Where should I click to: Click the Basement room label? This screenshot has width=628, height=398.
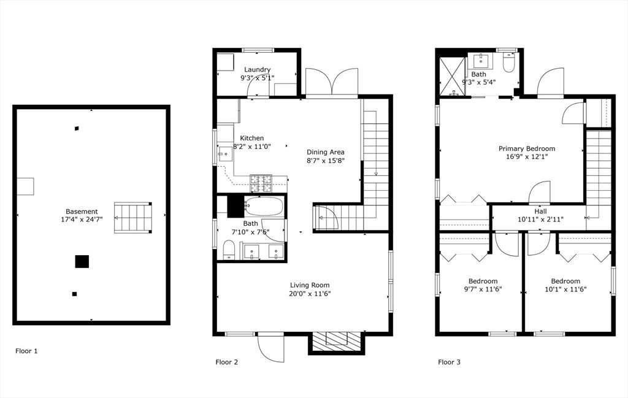pos(82,212)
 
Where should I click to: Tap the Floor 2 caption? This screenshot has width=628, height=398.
pos(227,362)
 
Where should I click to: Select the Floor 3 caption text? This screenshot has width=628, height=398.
pos(449,362)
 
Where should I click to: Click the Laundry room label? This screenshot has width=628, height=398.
pos(257,70)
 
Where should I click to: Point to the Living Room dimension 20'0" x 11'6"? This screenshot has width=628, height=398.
pos(310,294)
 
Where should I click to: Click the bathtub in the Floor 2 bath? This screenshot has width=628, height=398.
pos(264,207)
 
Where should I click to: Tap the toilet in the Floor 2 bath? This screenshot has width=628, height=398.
pos(229,250)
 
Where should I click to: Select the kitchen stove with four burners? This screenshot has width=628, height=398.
pos(261,183)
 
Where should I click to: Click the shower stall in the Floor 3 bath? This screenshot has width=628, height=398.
pos(453,76)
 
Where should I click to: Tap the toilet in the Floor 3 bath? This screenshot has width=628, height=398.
pos(508,63)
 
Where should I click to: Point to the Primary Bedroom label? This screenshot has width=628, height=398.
pos(527,148)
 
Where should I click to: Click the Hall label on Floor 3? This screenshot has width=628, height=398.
pos(540,211)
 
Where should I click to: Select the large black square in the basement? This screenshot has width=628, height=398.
pos(82,261)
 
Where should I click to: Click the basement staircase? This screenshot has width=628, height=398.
pos(133,218)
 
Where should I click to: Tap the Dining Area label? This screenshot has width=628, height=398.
pos(326,152)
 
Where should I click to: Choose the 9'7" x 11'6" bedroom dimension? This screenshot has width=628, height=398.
pos(483,289)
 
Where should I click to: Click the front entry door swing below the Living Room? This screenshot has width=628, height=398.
pos(270,348)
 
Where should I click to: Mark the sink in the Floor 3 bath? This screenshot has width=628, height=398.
pos(480,61)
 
